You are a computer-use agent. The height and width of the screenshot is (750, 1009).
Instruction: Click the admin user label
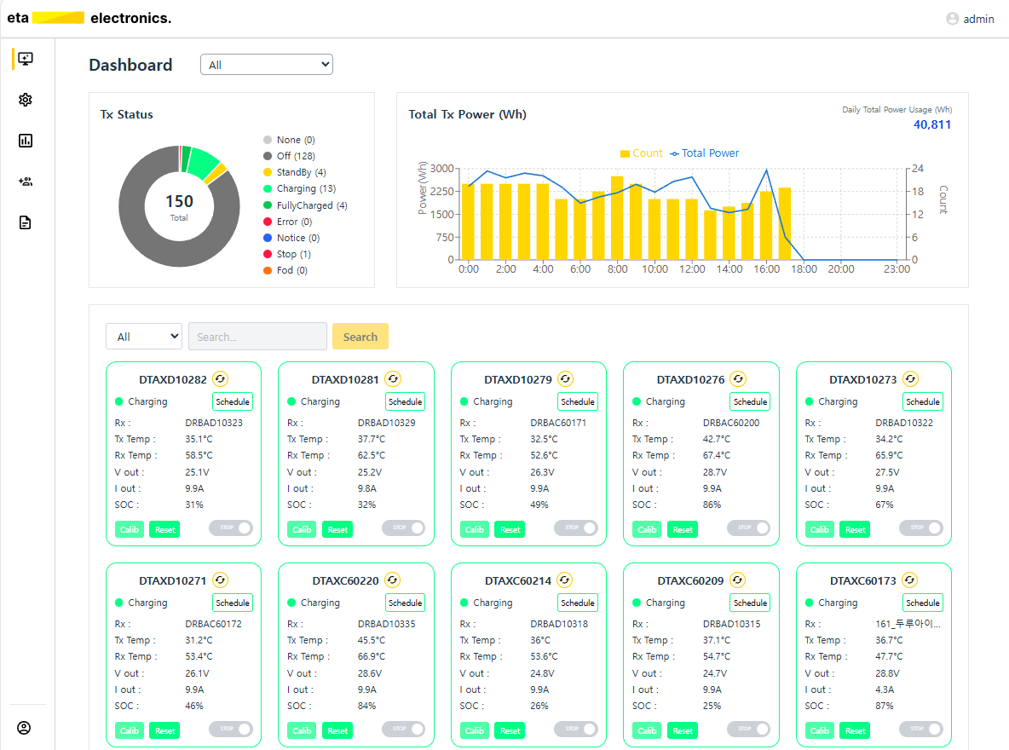point(978,19)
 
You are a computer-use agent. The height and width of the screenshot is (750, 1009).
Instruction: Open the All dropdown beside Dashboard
point(266,65)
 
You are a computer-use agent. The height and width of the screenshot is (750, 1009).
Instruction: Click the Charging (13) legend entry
point(306,188)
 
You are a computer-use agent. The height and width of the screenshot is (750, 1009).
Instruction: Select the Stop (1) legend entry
point(293,254)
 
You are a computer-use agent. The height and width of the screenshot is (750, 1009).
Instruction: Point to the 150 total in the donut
point(179,202)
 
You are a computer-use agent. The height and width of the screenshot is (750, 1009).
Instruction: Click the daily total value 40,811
point(932,124)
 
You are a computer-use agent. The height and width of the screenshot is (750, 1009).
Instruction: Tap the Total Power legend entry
point(710,153)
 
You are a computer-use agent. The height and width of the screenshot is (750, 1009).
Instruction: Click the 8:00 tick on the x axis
point(618,269)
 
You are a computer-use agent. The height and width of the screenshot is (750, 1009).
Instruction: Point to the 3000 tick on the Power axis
point(441,169)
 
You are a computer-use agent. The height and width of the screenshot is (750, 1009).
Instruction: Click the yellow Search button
point(360,337)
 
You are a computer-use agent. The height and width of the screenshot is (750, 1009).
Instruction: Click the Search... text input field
point(257,337)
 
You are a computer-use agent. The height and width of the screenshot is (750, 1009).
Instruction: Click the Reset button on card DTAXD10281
point(338,529)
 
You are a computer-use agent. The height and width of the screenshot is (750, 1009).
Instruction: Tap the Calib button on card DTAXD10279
point(475,529)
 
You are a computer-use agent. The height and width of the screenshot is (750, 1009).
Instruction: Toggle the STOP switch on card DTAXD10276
point(748,528)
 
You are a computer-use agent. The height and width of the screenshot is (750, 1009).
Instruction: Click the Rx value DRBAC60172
point(213,624)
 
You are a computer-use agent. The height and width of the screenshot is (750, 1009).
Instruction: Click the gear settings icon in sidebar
point(26,100)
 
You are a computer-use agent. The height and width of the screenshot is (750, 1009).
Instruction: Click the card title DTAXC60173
point(862,580)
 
